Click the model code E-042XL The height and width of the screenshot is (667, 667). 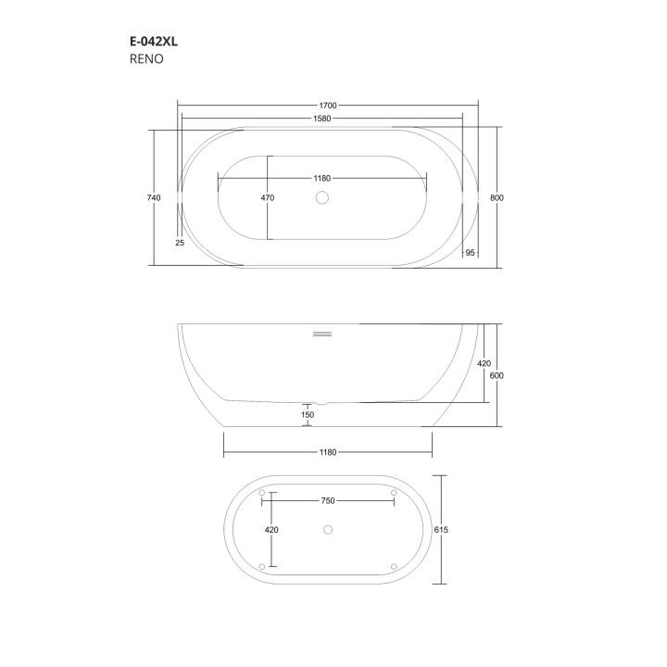153,41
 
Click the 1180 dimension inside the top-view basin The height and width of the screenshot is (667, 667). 322,178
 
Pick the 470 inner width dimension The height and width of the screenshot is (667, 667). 268,197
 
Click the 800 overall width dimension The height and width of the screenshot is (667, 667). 497,197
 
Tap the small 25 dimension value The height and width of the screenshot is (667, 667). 180,242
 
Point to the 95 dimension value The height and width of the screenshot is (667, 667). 470,252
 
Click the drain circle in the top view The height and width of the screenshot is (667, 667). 322,197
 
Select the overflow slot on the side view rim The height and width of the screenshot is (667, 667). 322,333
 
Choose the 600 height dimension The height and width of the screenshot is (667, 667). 497,375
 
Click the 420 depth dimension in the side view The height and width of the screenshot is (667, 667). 484,364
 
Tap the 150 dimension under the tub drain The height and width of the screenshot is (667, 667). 308,414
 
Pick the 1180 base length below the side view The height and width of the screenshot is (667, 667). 327,453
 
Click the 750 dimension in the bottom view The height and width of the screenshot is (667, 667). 327,500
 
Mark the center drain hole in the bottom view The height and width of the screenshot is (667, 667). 327,530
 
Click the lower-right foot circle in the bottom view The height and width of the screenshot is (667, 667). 394,566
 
